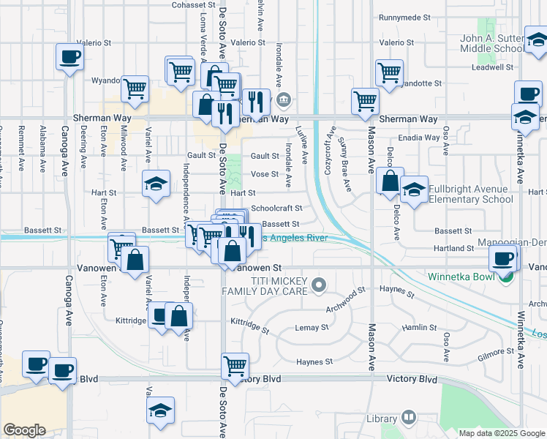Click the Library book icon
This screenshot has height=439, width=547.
(408, 418)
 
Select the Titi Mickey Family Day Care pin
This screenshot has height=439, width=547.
(317, 284)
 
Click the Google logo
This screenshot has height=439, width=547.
(24, 430)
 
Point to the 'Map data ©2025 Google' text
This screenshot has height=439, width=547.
(501, 433)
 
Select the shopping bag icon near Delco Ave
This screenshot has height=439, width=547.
(391, 181)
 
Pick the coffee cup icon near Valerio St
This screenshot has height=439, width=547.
(69, 56)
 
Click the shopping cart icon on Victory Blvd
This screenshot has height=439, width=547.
(235, 365)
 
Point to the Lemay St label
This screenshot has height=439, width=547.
(309, 329)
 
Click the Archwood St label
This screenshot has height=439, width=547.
(345, 301)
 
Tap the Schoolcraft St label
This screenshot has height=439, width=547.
(276, 209)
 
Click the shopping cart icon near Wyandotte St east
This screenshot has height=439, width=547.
(389, 72)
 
